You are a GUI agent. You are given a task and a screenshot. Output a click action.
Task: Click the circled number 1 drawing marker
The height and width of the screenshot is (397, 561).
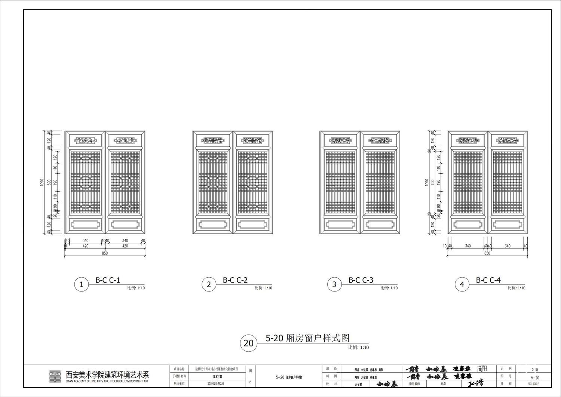[x=81, y=285]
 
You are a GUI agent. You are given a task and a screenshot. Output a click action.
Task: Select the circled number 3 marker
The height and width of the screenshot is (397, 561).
[x=334, y=285]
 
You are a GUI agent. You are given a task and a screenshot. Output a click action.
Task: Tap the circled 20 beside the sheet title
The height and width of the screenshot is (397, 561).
[x=248, y=343]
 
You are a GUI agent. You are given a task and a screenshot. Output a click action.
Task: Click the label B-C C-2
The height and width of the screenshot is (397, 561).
[x=235, y=280]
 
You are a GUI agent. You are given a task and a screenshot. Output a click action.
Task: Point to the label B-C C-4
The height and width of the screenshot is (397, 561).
[x=488, y=280]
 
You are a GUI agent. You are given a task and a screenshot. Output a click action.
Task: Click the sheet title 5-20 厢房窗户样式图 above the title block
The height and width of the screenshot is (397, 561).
[x=307, y=338]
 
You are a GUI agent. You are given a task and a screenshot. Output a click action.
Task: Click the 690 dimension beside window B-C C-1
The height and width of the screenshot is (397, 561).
[x=49, y=183]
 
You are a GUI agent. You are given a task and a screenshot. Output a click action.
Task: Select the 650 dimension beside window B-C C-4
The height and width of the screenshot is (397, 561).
[x=433, y=183]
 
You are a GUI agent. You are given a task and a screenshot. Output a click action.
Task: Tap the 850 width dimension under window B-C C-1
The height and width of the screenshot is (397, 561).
[x=105, y=253]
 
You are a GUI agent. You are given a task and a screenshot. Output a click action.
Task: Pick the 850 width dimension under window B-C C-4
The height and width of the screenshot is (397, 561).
[x=487, y=253]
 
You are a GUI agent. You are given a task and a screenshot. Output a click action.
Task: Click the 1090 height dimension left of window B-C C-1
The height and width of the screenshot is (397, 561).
[x=42, y=183]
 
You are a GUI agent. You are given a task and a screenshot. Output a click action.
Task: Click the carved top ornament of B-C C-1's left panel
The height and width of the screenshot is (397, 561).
[x=86, y=141]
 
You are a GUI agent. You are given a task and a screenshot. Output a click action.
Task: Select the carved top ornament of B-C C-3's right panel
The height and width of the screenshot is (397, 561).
[x=380, y=141]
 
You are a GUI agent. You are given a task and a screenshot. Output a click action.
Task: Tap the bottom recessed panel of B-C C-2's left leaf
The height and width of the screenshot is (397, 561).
[x=213, y=225]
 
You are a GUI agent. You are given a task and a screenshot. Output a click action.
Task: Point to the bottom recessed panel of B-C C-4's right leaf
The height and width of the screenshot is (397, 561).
[x=507, y=225]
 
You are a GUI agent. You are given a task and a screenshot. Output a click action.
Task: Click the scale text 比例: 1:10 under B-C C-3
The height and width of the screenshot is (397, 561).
[x=389, y=288]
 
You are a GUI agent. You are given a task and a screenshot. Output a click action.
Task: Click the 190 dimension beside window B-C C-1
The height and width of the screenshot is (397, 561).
[x=55, y=183]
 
